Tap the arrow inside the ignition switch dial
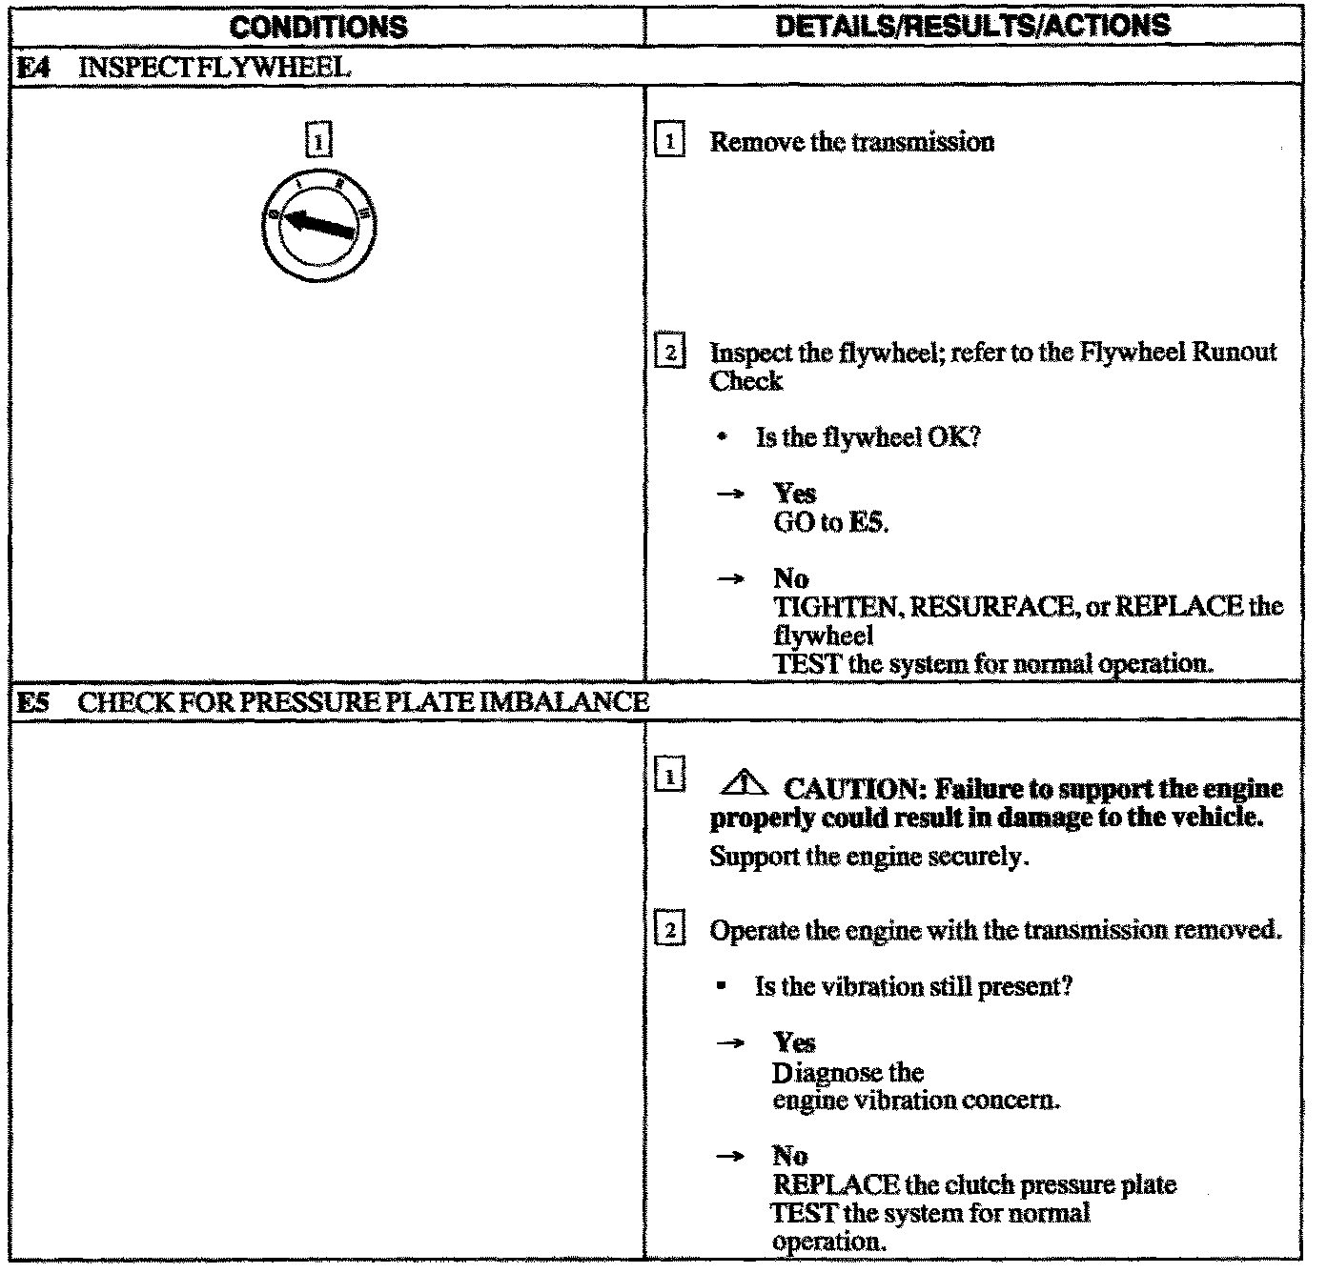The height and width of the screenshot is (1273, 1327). click(320, 225)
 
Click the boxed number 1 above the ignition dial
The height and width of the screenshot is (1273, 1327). click(318, 142)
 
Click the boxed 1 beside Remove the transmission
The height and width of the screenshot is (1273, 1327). click(671, 143)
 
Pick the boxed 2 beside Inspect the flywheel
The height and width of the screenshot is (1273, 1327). click(671, 354)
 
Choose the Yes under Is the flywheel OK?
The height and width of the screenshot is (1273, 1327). click(794, 494)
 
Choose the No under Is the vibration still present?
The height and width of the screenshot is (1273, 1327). click(790, 1157)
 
